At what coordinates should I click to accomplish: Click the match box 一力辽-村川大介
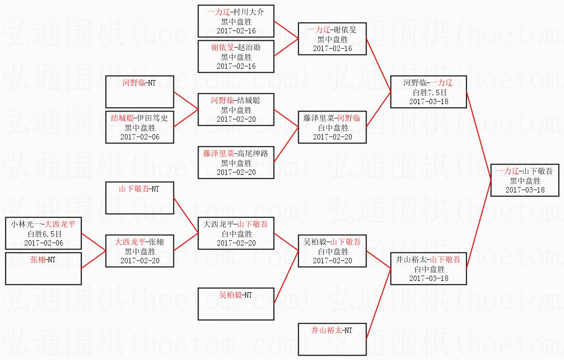[x=236, y=21]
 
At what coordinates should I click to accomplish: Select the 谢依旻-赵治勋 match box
[x=236, y=56]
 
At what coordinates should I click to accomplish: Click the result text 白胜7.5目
[x=429, y=92]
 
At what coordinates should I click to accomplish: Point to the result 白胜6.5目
[x=44, y=234]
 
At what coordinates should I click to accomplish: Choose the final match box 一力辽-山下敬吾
[x=525, y=180]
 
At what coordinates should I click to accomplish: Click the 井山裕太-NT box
[x=332, y=339]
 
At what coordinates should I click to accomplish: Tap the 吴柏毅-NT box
[x=236, y=304]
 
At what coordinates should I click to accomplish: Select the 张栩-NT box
[x=43, y=269]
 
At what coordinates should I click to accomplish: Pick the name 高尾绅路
[x=253, y=154]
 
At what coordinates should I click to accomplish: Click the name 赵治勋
[x=249, y=48]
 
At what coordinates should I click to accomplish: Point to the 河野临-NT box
[x=140, y=92]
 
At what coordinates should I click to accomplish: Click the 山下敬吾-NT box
[x=140, y=198]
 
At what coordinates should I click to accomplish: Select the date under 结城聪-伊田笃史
[x=140, y=137]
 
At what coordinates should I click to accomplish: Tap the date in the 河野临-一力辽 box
[x=429, y=101]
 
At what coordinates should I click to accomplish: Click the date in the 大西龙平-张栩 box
[x=140, y=260]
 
